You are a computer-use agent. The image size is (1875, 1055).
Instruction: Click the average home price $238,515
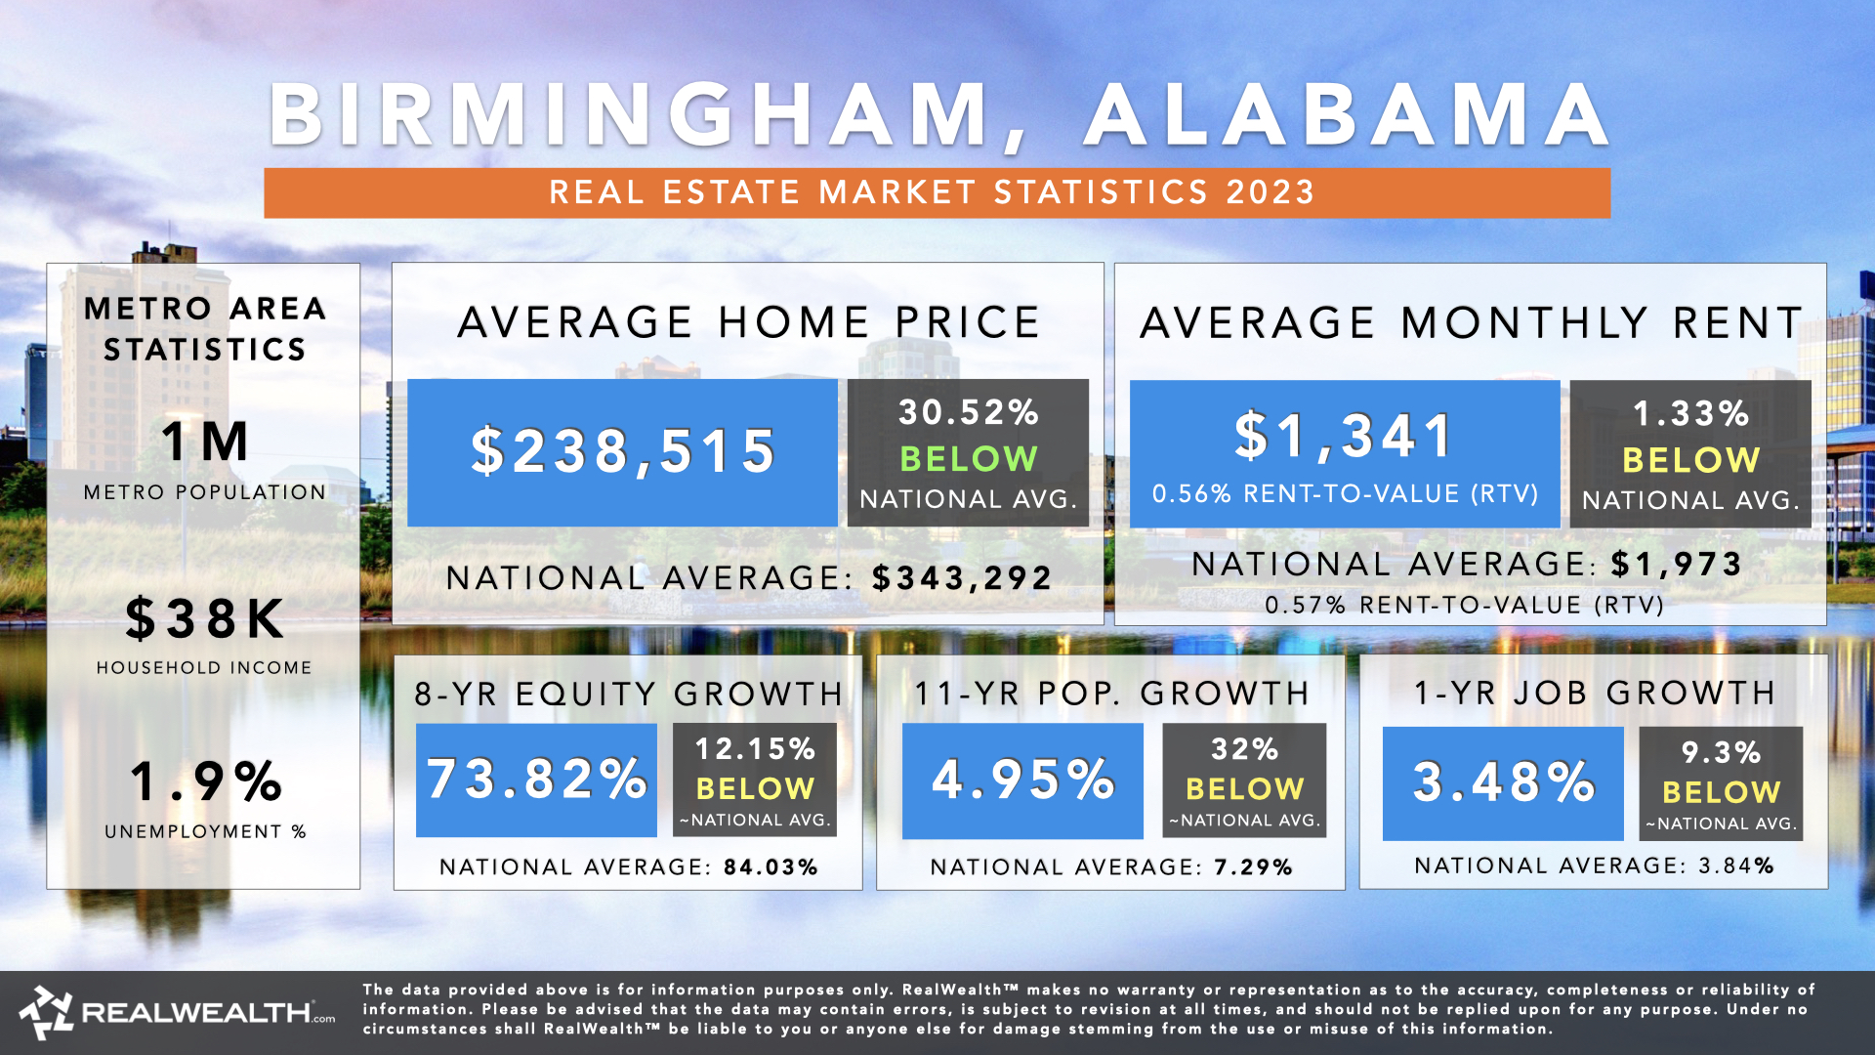(622, 452)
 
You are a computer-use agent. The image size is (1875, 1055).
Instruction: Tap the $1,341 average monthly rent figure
(1344, 437)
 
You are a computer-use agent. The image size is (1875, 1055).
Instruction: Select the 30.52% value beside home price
(968, 412)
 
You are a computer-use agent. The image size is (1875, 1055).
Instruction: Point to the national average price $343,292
(962, 578)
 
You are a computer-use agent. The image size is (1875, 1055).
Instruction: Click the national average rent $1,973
(1676, 564)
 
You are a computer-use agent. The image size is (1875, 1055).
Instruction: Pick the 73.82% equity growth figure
(536, 780)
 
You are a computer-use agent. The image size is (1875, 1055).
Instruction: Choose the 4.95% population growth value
(1022, 780)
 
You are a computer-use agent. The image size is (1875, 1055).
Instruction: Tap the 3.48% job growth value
(1503, 782)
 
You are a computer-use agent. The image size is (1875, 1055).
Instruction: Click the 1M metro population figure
(205, 442)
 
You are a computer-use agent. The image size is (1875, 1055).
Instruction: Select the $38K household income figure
(205, 619)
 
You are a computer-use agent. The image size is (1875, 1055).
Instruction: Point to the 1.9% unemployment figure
(205, 781)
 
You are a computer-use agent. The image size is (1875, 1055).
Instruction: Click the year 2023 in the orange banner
(1271, 192)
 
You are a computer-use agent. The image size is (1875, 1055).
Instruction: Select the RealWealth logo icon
(46, 1012)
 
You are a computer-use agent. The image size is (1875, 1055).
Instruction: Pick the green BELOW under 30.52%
(968, 458)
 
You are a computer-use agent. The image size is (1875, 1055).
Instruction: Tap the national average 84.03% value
(771, 867)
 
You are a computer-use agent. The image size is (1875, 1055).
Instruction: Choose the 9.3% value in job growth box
(1721, 753)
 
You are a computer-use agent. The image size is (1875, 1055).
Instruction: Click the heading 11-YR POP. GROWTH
(1111, 694)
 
